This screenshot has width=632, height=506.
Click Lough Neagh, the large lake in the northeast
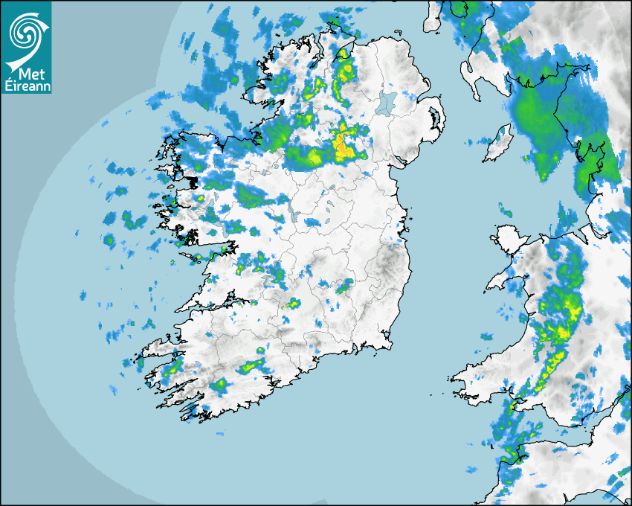pyautogui.click(x=386, y=102)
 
